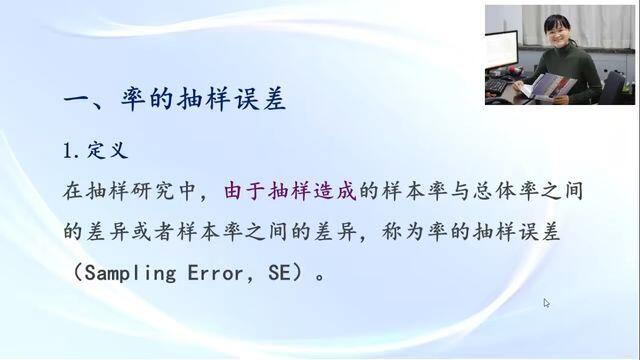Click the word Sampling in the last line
coord(131,273)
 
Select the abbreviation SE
coord(280,273)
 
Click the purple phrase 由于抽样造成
coord(290,191)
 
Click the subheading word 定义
coord(107,151)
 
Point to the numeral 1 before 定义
coord(68,151)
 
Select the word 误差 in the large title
coord(260,100)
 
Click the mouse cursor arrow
coord(546,303)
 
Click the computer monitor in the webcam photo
coord(502,51)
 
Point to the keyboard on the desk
coord(498,85)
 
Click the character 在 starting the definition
coord(73,191)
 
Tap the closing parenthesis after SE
coord(299,273)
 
